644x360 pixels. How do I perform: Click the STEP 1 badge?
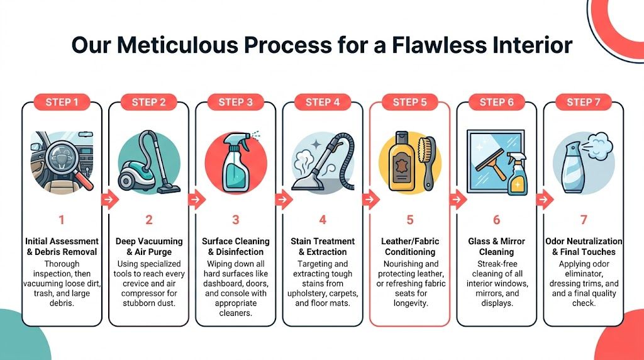coord(62,102)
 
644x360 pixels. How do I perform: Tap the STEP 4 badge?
coord(323,102)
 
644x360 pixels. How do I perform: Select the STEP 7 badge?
coord(584,102)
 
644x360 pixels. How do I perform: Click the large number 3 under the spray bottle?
coord(236,220)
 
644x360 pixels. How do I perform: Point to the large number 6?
coord(496,220)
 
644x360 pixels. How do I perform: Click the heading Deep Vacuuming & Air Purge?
coord(149,246)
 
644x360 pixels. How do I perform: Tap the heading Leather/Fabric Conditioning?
coord(409,246)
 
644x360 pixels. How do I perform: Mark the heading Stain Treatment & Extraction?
coord(323,246)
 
